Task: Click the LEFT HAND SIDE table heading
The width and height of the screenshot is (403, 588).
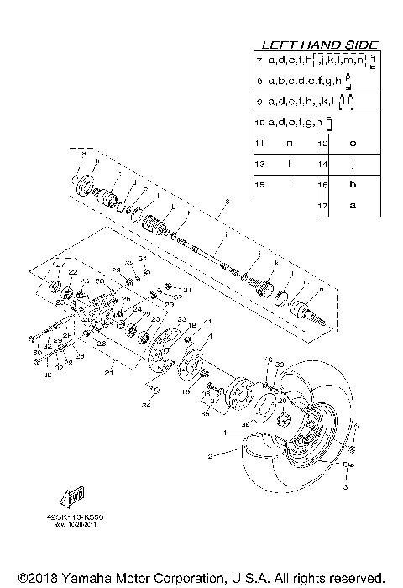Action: click(320, 45)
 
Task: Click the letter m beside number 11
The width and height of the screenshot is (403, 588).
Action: click(289, 144)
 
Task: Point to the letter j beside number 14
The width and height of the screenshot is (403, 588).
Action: click(353, 164)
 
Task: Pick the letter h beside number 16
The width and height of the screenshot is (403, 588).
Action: click(353, 184)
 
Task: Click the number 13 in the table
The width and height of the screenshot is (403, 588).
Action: click(260, 164)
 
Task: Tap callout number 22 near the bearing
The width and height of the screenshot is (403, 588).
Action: click(73, 272)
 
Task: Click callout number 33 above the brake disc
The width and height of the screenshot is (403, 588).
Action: click(181, 318)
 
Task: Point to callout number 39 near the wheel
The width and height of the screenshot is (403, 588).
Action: click(280, 365)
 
